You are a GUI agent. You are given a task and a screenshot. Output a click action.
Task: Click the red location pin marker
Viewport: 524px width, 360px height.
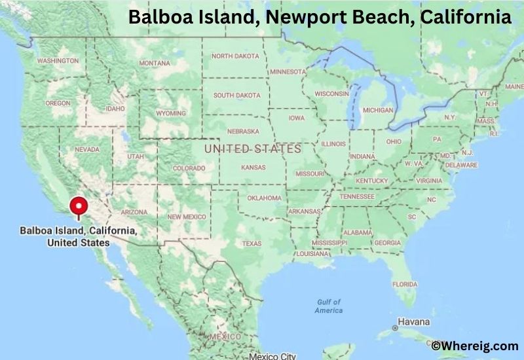click(79, 206)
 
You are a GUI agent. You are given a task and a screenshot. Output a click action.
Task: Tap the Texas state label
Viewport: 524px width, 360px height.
click(252, 243)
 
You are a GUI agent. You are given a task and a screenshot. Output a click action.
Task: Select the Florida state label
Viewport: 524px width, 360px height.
click(404, 284)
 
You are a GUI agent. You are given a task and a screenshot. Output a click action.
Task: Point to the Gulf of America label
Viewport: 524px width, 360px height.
click(329, 306)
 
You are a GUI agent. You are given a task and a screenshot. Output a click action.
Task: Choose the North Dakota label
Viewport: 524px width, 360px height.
click(235, 56)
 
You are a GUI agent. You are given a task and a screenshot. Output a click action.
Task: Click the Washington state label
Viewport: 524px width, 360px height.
click(58, 61)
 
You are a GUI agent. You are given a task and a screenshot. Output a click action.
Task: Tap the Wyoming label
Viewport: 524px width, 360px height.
click(171, 113)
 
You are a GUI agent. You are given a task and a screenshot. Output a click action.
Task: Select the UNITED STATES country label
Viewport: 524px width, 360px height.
click(253, 149)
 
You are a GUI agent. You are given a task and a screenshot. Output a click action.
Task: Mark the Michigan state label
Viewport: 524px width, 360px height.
click(377, 110)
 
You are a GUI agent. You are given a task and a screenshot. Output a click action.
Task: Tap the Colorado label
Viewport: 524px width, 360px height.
click(189, 168)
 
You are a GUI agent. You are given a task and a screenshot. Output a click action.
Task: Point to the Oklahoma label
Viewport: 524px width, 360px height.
click(264, 198)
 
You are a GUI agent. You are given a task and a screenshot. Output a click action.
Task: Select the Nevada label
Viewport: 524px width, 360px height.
click(87, 149)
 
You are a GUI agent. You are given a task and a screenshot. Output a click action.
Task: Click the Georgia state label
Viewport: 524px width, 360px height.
click(387, 243)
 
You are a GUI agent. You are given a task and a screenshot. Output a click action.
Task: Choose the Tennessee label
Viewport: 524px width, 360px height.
click(356, 196)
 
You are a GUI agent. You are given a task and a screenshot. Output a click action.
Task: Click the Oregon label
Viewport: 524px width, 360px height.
click(58, 103)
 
